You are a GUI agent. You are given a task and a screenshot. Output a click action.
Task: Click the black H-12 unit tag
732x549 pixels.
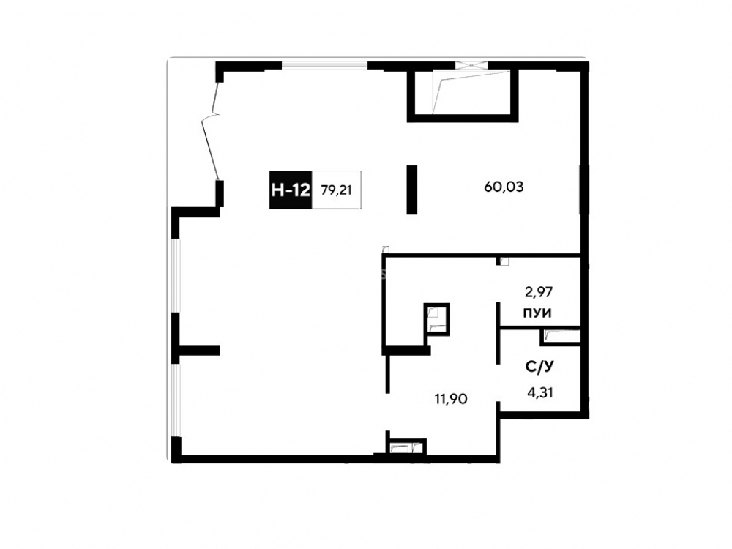pyautogui.click(x=291, y=190)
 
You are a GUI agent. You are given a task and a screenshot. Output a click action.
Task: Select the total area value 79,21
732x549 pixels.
pyautogui.click(x=336, y=190)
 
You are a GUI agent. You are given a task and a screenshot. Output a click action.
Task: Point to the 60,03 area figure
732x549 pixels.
pyautogui.click(x=504, y=187)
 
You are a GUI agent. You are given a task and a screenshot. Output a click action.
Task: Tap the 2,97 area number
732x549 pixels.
pyautogui.click(x=539, y=292)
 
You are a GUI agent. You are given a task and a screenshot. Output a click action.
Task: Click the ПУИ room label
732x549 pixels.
pyautogui.click(x=537, y=313)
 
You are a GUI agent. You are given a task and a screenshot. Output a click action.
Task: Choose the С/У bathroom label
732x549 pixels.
pyautogui.click(x=539, y=367)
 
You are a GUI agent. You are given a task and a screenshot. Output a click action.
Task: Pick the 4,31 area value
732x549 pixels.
pyautogui.click(x=540, y=393)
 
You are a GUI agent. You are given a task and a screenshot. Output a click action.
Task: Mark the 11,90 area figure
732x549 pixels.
pyautogui.click(x=451, y=399)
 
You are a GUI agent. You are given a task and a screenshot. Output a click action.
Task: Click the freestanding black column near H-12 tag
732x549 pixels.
pyautogui.click(x=411, y=190)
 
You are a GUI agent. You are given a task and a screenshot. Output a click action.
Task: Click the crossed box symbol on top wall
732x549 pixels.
pyautogui.click(x=471, y=65)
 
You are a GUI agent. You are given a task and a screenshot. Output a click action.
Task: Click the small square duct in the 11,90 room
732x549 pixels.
pyautogui.click(x=437, y=319)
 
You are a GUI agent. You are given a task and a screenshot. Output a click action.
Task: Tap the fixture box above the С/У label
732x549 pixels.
pyautogui.click(x=560, y=337)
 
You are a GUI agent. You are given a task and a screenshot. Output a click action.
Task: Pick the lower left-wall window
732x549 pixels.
pyautogui.click(x=175, y=400)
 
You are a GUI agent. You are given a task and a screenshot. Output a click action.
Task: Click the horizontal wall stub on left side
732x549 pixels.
pyautogui.click(x=199, y=350)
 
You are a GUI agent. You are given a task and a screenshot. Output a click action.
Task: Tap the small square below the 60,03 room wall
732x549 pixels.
pyautogui.click(x=504, y=261)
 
